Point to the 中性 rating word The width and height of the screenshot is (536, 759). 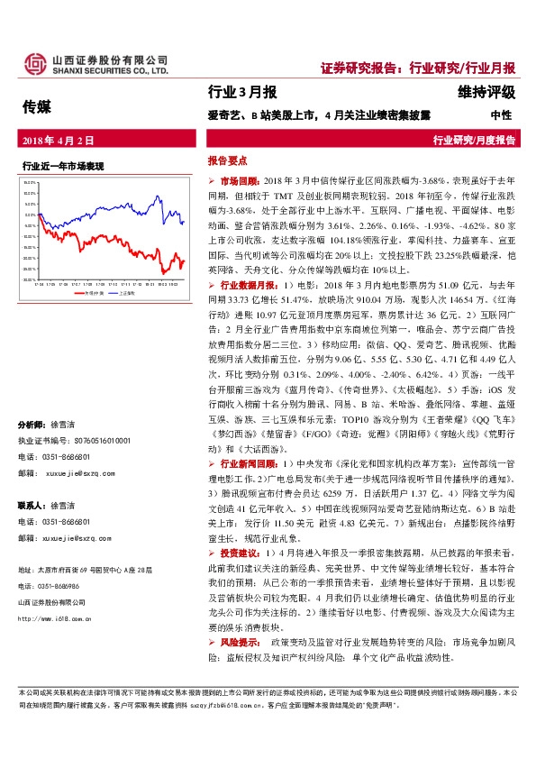[501, 115]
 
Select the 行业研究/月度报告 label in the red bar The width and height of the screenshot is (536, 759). [474, 141]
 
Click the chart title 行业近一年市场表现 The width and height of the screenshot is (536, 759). [63, 166]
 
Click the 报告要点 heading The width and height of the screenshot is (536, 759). [227, 160]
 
